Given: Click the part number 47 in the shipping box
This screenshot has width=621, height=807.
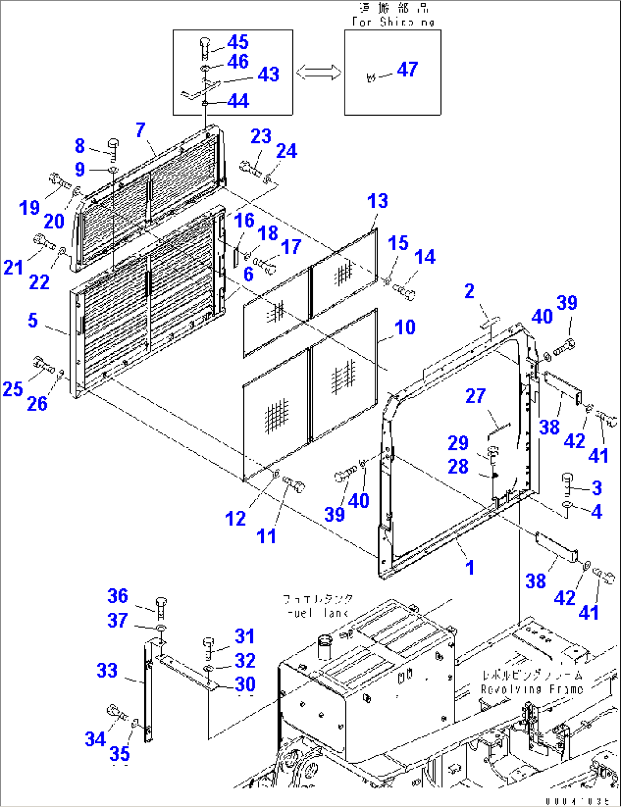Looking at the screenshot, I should pos(407,69).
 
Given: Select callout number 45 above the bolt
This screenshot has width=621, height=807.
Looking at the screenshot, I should pos(238,42).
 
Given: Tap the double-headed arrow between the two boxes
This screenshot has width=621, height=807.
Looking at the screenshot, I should pos(318,72).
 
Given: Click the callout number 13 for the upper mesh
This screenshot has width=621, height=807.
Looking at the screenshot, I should pos(378,200).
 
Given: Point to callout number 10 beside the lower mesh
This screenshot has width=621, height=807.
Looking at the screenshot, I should pos(405,327).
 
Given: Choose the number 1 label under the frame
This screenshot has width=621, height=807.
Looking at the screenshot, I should pos(470,567).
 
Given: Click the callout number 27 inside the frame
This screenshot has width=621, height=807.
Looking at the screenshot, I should pos(476,396).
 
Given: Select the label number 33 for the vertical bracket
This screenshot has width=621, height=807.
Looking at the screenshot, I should pos(107,670).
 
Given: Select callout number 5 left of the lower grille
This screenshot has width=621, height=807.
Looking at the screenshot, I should pos(33,320).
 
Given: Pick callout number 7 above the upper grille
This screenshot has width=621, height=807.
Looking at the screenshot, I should pos(141,130).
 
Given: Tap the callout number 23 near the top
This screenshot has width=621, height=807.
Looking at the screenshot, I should pos(261,136).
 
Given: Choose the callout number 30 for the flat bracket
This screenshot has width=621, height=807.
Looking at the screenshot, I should pos(245,684).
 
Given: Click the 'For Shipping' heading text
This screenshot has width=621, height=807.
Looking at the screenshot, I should pos(393,22).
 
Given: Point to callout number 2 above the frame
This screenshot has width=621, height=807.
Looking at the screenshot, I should pos(469,291).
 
